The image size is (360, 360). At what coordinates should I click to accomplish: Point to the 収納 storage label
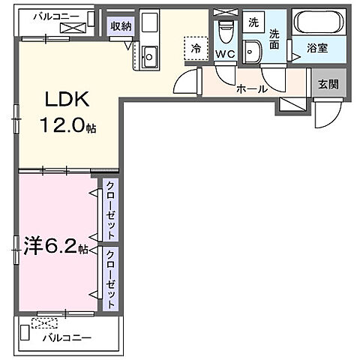(x=121, y=25)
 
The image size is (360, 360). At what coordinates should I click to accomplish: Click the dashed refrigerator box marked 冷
(x=195, y=47)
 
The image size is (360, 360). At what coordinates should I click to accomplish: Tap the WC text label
(x=225, y=54)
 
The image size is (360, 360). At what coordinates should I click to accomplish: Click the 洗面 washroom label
(x=274, y=39)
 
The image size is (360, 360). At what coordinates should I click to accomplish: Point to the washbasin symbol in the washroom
(x=254, y=52)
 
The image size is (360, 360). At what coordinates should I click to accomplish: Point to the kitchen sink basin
(x=150, y=55)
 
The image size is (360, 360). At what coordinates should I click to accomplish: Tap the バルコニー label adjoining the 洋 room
(x=66, y=338)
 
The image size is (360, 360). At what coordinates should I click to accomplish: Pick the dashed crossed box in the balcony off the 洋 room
(x=43, y=323)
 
